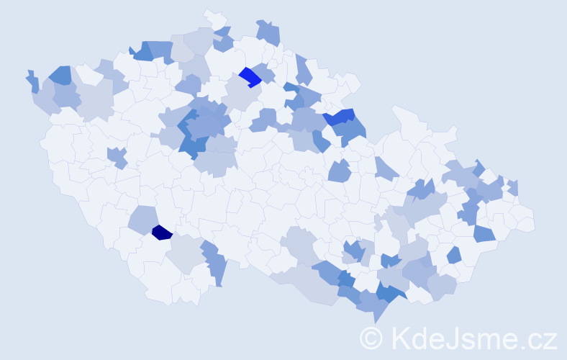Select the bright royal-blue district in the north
pyautogui.click(x=250, y=76)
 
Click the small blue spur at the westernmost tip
pyautogui.click(x=32, y=81)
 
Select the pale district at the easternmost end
pyautogui.click(x=525, y=220)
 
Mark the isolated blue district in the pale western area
pyautogui.click(x=117, y=156)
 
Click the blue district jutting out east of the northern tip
pyautogui.click(x=268, y=32)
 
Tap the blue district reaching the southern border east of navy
pyautogui.click(x=214, y=263)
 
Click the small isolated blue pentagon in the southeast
pyautogui.click(x=454, y=255)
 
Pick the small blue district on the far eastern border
pyautogui.click(x=513, y=187)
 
